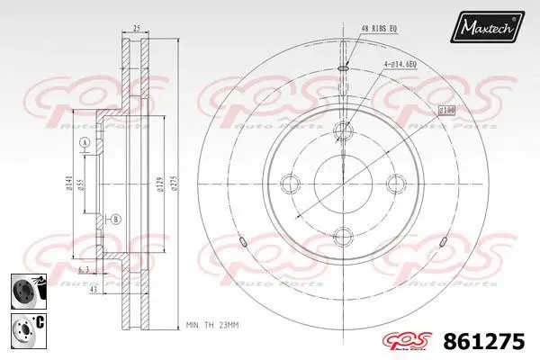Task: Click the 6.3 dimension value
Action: tap(83, 268)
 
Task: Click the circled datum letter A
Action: tap(85, 144)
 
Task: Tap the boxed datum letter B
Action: tap(116, 219)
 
